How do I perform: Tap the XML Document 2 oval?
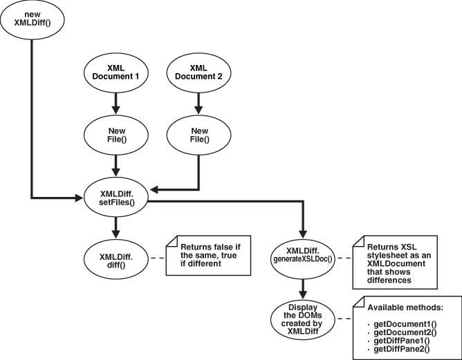[x=199, y=74]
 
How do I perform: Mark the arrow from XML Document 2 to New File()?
[x=199, y=104]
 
